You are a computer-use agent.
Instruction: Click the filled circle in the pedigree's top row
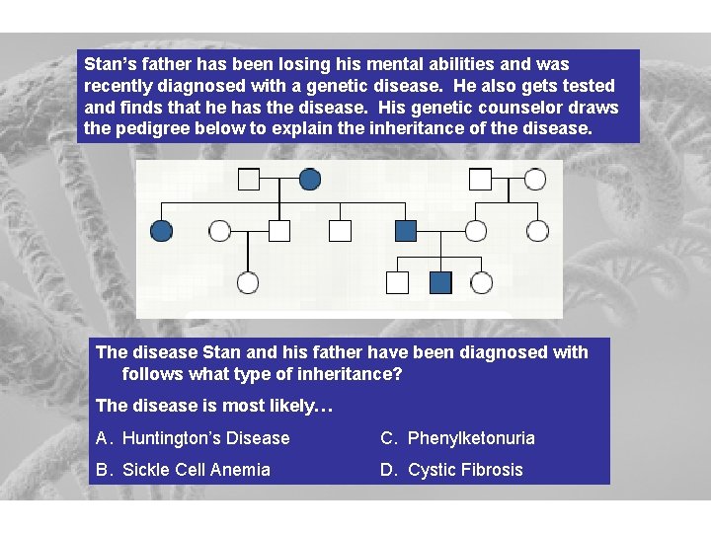[x=309, y=179]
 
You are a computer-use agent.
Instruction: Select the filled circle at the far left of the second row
[x=161, y=231]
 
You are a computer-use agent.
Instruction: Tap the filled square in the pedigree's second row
[x=406, y=231]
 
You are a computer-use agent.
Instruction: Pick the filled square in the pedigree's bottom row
[x=440, y=283]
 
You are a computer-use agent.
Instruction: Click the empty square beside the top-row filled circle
[x=249, y=179]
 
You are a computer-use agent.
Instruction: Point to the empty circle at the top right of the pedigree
[x=534, y=179]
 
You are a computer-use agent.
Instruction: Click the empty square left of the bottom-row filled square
[x=396, y=283]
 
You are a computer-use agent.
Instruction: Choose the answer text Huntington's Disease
[x=205, y=438]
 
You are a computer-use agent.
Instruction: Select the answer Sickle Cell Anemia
[x=196, y=470]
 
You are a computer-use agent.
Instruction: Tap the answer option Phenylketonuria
[x=471, y=438]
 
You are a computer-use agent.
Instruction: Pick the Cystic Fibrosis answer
[x=465, y=470]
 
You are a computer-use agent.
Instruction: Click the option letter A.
[x=102, y=438]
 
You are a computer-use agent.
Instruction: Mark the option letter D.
[x=387, y=470]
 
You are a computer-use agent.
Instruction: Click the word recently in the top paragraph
[x=118, y=86]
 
